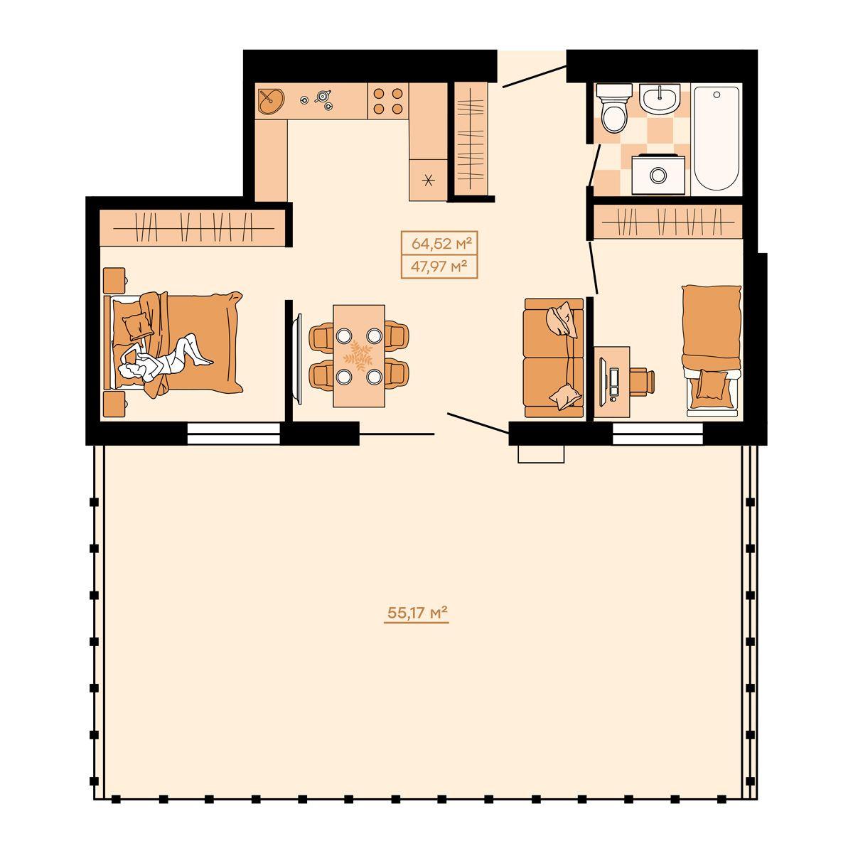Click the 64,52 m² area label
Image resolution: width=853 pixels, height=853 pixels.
[x=440, y=243]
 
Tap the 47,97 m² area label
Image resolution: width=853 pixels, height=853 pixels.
[x=439, y=267]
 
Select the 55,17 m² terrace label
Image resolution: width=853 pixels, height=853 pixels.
[x=417, y=613]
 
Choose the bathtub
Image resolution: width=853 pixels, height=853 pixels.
[x=716, y=139]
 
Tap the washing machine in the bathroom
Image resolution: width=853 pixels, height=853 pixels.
[x=658, y=174]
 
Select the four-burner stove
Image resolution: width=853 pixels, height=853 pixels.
[x=388, y=101]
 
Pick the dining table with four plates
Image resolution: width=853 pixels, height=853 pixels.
[x=359, y=355]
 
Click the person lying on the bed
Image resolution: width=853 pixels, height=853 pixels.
[x=165, y=359]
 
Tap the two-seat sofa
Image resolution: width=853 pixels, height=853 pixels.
[x=554, y=358]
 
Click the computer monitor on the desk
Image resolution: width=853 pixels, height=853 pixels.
[x=603, y=382]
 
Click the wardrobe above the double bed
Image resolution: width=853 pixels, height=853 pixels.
[x=192, y=227]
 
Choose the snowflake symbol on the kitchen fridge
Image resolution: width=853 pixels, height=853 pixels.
[x=428, y=180]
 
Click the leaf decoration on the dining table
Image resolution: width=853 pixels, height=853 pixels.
[x=359, y=355]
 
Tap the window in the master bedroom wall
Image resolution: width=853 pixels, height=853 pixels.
[x=234, y=434]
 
